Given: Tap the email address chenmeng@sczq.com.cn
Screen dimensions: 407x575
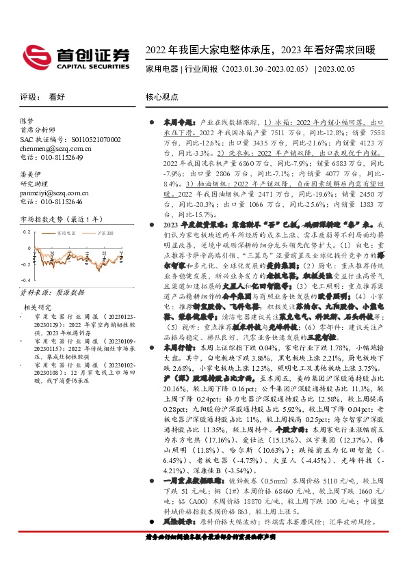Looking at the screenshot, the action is point(43,148).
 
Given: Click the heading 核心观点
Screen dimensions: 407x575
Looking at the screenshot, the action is point(162,97).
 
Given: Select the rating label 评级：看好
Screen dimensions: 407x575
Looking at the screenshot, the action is point(38,97).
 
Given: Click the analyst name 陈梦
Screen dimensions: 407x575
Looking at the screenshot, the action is point(27,121).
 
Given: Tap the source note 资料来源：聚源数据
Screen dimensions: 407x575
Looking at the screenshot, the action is point(46,292).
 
